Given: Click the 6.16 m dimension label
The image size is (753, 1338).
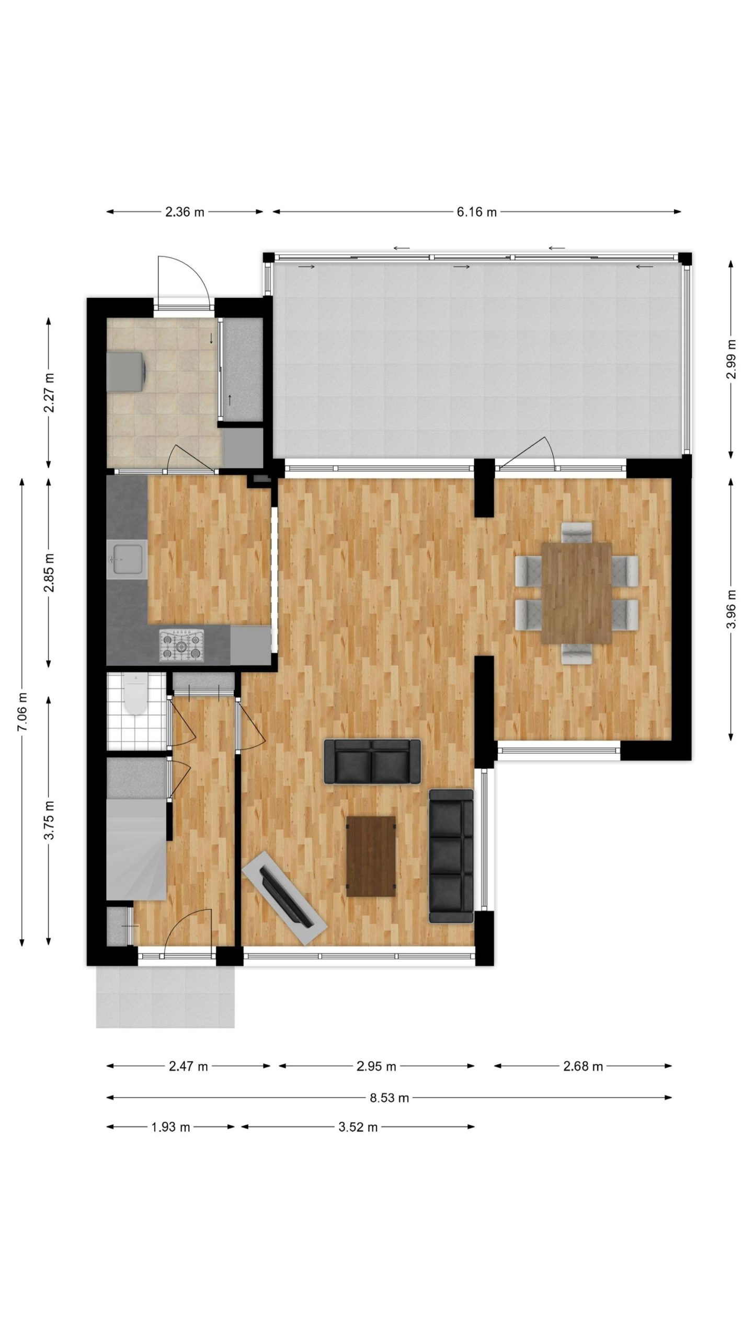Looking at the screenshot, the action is point(476,212).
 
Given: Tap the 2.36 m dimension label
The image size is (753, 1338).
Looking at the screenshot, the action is point(185,212).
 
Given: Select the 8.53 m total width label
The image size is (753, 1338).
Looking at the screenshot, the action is point(389,1098).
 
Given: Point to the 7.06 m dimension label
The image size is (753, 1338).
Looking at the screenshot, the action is point(22,711).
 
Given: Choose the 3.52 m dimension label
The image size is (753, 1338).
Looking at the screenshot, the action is point(358,1127).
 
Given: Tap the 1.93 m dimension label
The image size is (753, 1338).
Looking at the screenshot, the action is point(170,1127).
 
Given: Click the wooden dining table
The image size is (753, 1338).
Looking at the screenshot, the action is point(577,593).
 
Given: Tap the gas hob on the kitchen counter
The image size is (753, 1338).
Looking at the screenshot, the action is point(181,645).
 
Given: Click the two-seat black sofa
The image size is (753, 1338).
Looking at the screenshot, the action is point(372,762).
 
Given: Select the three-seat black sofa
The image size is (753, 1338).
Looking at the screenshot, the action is point(451,856).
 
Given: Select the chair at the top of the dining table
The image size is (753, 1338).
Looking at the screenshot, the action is point(577,532).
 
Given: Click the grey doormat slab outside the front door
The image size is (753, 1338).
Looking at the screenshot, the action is point(165,996).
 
